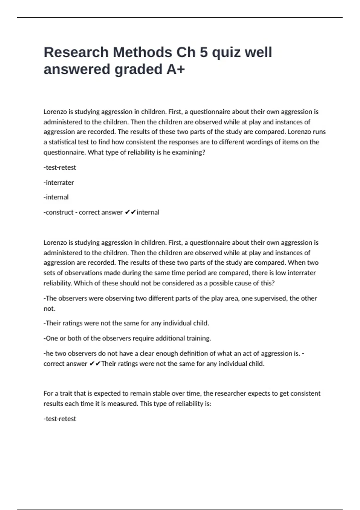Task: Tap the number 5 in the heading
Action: pyautogui.click(x=203, y=52)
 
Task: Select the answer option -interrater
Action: pyautogui.click(x=59, y=182)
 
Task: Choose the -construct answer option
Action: pyautogui.click(x=58, y=212)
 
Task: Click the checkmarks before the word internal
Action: pyautogui.click(x=130, y=212)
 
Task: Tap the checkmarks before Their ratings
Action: pyautogui.click(x=95, y=364)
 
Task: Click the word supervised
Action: pyautogui.click(x=270, y=298)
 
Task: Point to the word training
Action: pyautogui.click(x=199, y=338)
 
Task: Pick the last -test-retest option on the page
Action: pyautogui.click(x=60, y=419)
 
